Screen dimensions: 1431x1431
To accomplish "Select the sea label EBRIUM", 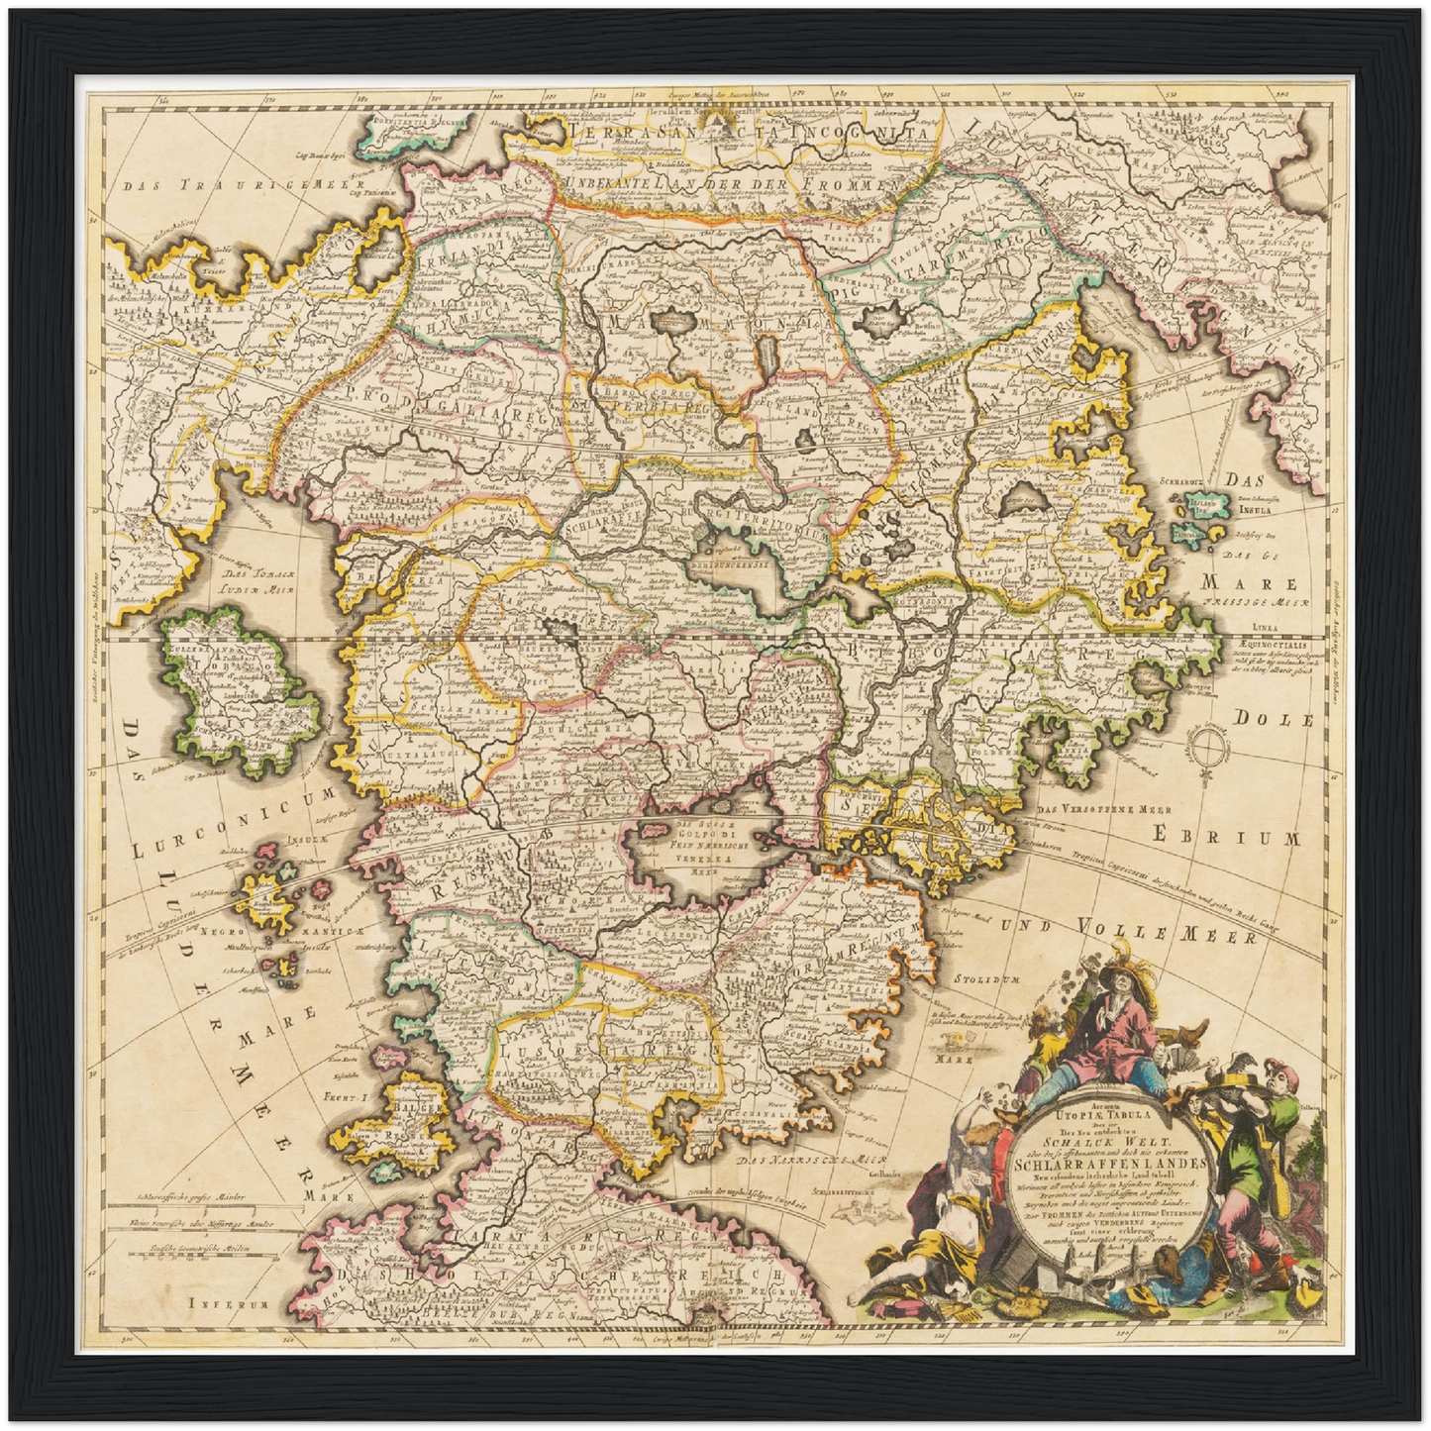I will tap(1225, 838).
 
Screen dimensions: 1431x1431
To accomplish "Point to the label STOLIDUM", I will tap(986, 979).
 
